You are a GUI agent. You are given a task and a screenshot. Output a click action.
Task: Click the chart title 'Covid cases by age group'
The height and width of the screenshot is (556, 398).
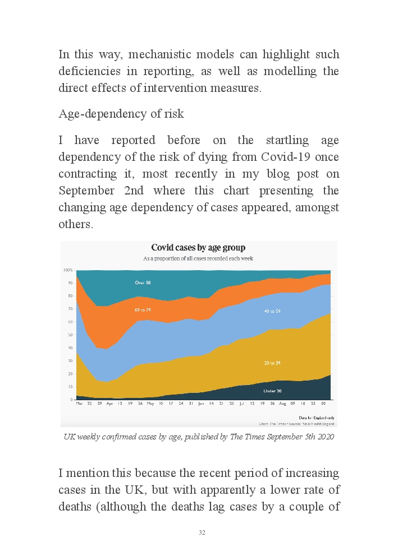(x=198, y=248)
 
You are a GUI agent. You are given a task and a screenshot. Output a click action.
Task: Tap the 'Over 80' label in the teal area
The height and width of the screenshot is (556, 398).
(x=143, y=282)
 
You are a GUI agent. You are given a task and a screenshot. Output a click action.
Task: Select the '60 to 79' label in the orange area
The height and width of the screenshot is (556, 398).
(x=143, y=310)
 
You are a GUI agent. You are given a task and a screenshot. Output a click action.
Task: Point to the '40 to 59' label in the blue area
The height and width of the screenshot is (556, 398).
(x=272, y=311)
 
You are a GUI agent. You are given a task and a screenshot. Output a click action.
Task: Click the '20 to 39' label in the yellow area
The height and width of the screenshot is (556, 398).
(x=272, y=363)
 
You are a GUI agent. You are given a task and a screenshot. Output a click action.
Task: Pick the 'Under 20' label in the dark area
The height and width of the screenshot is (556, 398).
(x=273, y=390)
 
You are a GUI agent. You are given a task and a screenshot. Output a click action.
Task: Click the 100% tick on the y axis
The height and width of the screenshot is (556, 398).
(x=68, y=270)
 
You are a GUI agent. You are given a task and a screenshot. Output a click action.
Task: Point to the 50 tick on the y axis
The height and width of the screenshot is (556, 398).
(x=70, y=335)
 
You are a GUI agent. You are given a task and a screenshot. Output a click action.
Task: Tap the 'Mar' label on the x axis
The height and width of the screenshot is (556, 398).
(x=79, y=404)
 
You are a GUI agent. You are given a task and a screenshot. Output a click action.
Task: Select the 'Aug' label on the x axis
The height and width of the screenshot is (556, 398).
(x=282, y=404)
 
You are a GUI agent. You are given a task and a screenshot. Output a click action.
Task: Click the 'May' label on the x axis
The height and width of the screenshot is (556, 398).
(x=150, y=404)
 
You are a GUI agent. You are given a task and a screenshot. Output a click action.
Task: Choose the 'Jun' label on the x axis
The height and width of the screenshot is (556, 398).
(x=201, y=404)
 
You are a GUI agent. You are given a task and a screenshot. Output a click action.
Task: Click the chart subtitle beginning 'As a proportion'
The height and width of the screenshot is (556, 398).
(x=198, y=259)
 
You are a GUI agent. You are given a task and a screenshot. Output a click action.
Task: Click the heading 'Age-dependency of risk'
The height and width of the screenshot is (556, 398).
(x=121, y=114)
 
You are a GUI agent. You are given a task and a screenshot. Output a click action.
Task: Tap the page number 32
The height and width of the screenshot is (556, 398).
(x=202, y=532)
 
